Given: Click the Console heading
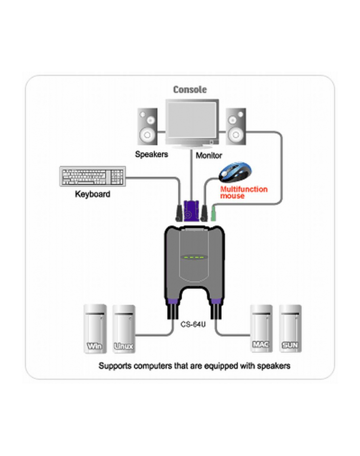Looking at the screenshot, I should (x=190, y=90).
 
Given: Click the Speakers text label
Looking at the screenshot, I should (x=151, y=154).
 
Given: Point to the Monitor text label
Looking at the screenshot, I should (x=209, y=154).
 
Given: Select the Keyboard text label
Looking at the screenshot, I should (x=93, y=194).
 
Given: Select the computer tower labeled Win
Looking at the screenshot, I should (x=95, y=329).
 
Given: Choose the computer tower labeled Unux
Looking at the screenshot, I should (x=123, y=329).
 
